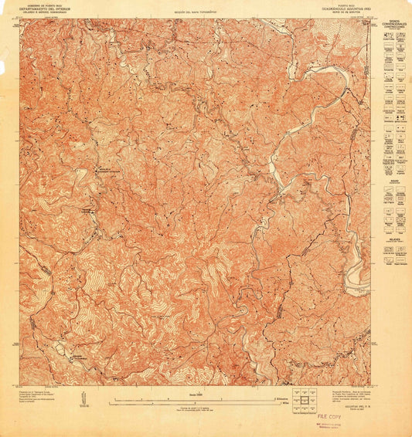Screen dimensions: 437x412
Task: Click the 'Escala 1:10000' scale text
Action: tap(204, 391)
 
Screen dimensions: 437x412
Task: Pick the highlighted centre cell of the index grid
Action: tap(307, 399)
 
